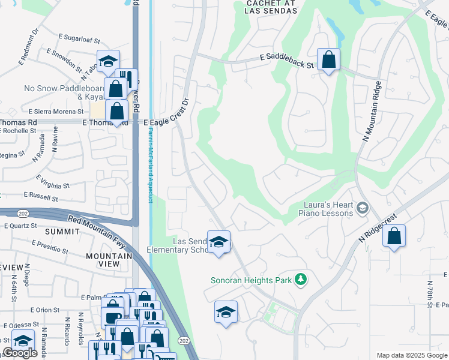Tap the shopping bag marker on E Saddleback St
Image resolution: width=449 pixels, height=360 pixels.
(x=328, y=59)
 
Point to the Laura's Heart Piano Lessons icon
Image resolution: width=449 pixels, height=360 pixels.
(x=362, y=208)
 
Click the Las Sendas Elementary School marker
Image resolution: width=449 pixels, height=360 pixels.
(x=218, y=242)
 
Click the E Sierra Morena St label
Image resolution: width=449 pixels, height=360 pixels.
(x=56, y=112)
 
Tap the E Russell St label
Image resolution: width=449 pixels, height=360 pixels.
(x=41, y=196)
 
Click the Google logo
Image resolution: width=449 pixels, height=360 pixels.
(x=20, y=353)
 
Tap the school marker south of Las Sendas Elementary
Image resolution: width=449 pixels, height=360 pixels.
(x=226, y=312)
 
